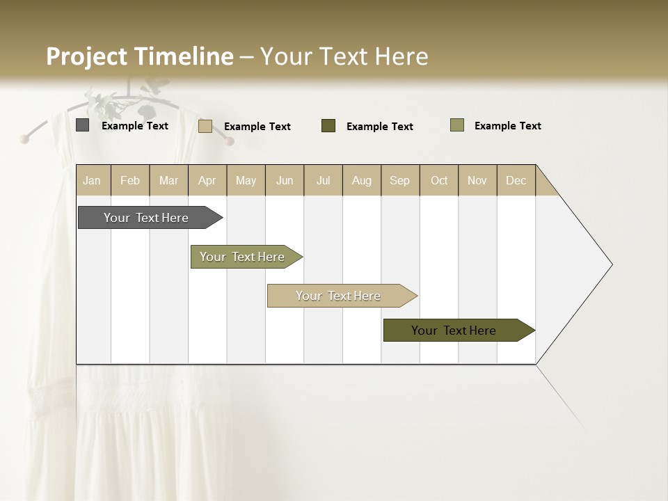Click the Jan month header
(x=92, y=180)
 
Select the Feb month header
(x=130, y=180)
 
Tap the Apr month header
(x=207, y=180)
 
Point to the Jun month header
(x=285, y=180)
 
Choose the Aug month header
(x=361, y=180)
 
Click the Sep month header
(x=399, y=180)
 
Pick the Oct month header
(x=439, y=180)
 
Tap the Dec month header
(x=516, y=180)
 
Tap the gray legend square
(x=82, y=125)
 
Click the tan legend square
(x=205, y=126)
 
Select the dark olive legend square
(x=328, y=125)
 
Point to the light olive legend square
(x=456, y=125)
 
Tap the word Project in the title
(x=87, y=56)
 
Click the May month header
(x=246, y=180)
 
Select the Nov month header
(x=477, y=180)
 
